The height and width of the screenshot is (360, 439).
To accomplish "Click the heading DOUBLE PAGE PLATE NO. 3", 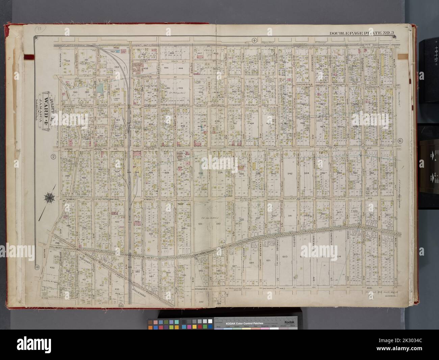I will tap(361, 33).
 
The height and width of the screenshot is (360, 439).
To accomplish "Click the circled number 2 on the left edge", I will tap(53, 156).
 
